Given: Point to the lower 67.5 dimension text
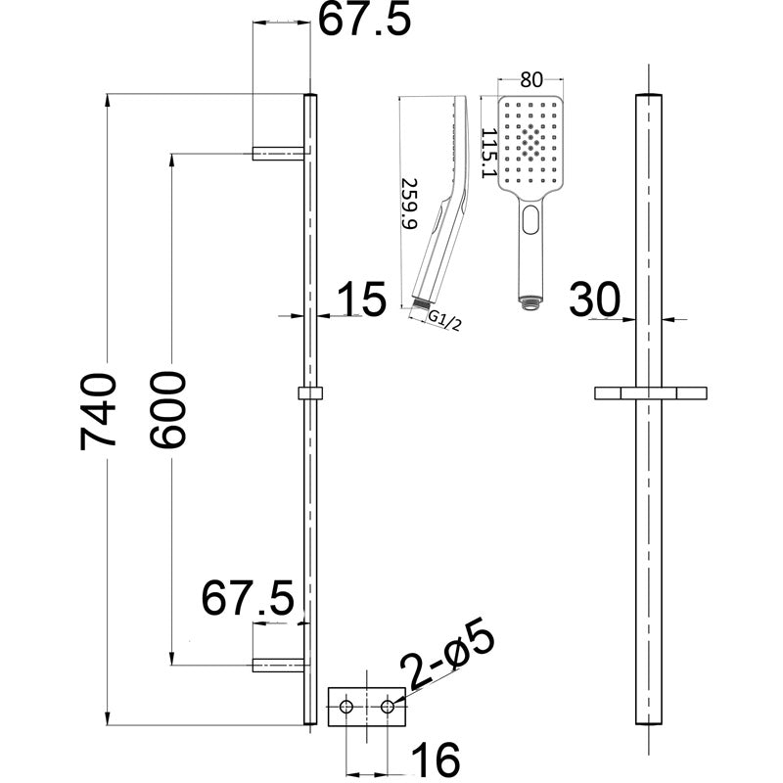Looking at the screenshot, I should tap(248, 597).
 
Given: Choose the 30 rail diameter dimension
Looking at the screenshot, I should tap(595, 299).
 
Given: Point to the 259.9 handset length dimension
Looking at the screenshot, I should tap(410, 203).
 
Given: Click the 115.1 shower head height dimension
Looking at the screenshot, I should tap(486, 147).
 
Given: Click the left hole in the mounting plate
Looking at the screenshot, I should tap(345, 705).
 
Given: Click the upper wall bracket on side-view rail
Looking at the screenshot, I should tap(279, 153).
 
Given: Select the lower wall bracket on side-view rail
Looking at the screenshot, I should tap(279, 665).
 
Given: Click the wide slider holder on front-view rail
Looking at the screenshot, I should tap(651, 392).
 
